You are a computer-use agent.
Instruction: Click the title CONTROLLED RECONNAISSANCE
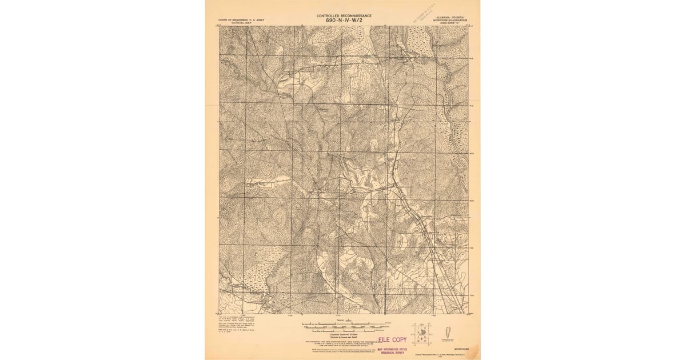coord(344,15)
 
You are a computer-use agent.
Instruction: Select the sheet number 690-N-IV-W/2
coord(344,21)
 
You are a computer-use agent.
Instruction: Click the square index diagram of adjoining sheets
coord(422,334)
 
